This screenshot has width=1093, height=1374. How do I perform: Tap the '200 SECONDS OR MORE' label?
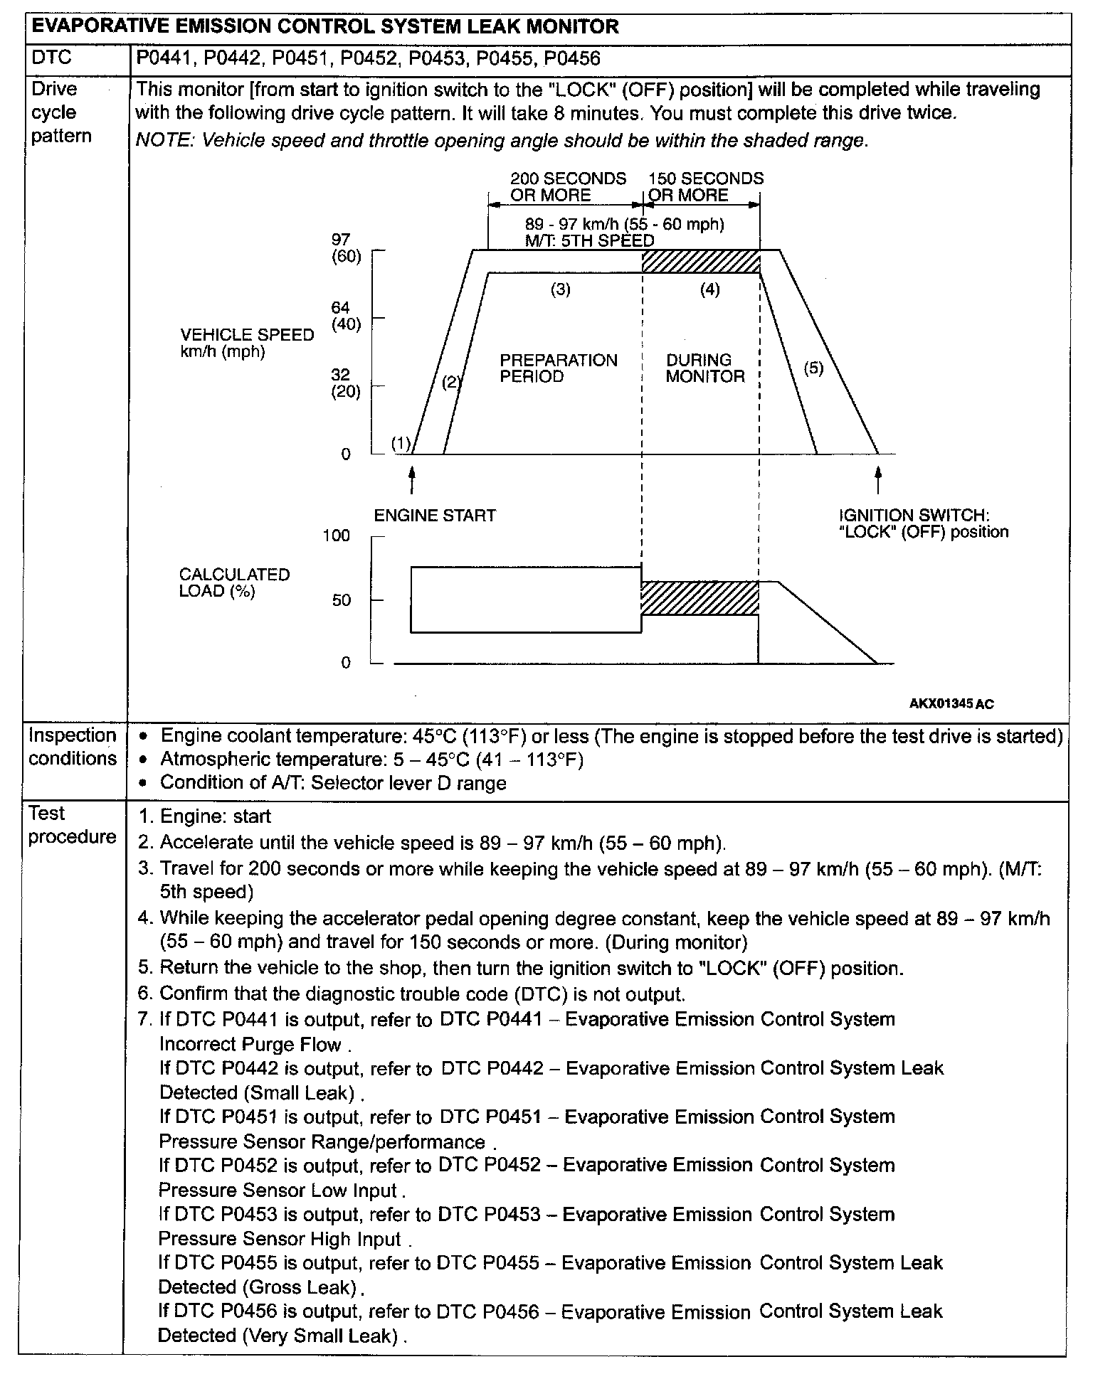568,187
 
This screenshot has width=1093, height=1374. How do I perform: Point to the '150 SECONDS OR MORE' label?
704,187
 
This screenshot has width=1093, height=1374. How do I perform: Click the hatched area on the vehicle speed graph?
701,262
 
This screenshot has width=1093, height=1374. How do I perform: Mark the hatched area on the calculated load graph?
699,598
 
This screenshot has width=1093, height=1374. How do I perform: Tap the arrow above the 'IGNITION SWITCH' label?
878,478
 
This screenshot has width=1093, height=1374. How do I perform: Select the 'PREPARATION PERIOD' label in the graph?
559,368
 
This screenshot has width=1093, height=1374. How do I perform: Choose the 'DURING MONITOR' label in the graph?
704,368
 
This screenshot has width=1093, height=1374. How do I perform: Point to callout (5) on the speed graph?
813,368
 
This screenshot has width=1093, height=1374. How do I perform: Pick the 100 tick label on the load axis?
337,536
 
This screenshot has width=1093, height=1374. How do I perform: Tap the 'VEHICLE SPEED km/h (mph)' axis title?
246,343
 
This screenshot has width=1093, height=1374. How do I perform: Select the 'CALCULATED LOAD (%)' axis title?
234,582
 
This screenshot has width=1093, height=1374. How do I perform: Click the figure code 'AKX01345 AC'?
951,704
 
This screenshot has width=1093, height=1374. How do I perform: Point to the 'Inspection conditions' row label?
73,747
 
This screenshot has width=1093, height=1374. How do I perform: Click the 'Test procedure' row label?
72,825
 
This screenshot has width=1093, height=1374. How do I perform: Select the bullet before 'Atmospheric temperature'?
145,761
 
